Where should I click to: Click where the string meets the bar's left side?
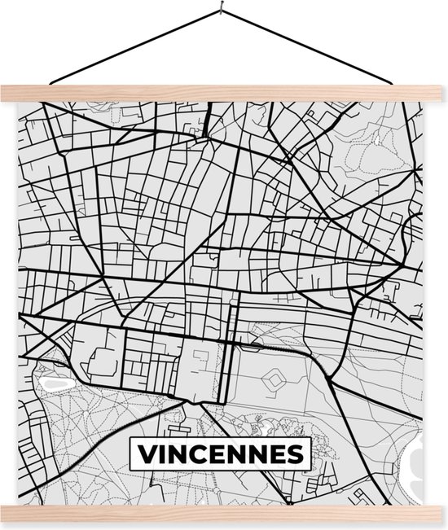pos(51,83)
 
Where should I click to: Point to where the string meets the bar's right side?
pos(397,83)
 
